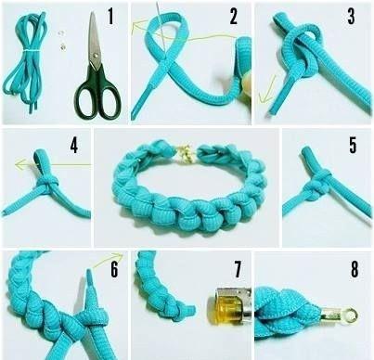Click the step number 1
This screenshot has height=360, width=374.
click(x=110, y=17)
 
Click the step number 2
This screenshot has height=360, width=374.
click(x=234, y=17)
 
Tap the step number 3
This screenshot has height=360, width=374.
click(x=351, y=17)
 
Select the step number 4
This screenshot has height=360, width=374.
click(x=74, y=145)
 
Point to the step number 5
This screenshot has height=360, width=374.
click(x=353, y=145)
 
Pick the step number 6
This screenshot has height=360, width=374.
click(x=114, y=269)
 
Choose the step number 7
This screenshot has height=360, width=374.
click(x=238, y=269)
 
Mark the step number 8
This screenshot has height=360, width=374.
click(x=355, y=269)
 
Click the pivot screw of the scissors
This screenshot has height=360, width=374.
click(x=95, y=55)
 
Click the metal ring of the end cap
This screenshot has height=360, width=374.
click(x=351, y=316)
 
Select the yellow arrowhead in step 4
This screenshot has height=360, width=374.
click(x=19, y=164)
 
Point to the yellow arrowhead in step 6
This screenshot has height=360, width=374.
click(x=118, y=256)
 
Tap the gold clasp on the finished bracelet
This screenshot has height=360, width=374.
click(x=186, y=153)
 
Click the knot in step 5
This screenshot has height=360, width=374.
click(x=318, y=183)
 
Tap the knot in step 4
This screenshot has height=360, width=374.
click(x=47, y=183)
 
